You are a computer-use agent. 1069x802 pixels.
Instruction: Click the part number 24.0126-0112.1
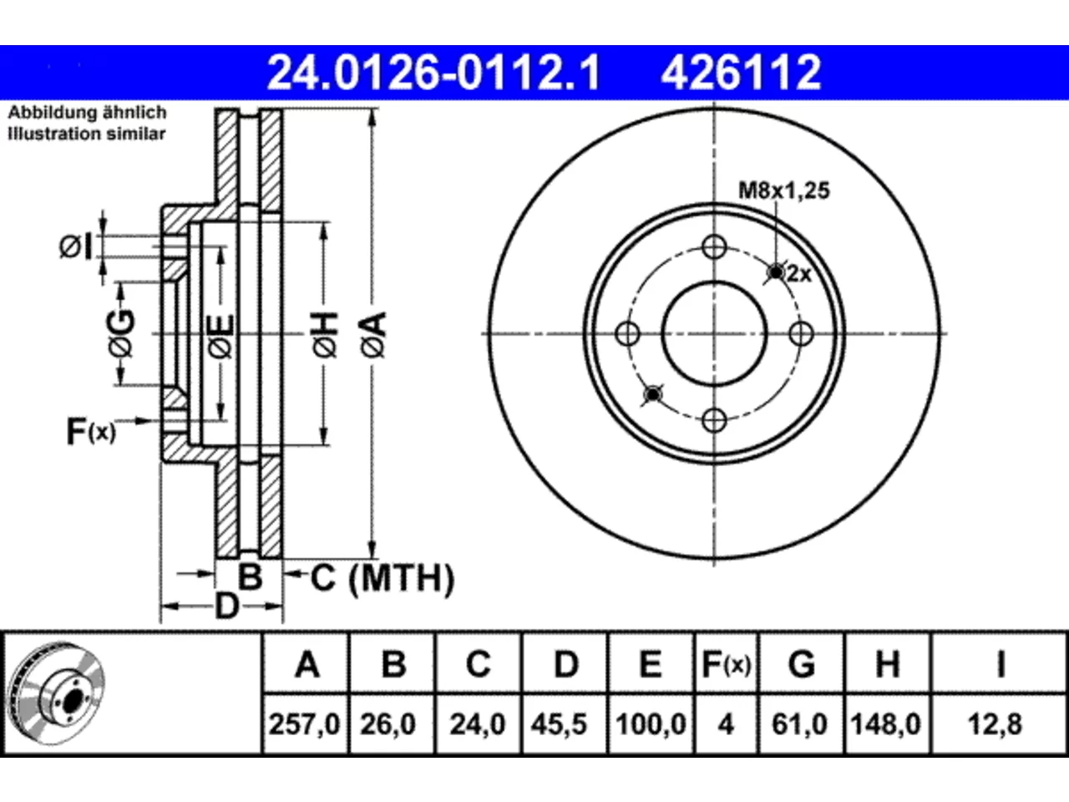[433, 73]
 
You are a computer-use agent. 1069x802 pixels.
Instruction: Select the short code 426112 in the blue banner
[741, 73]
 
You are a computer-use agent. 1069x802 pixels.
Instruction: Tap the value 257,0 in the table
[305, 724]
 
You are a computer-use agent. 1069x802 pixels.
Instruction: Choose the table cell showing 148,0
[886, 724]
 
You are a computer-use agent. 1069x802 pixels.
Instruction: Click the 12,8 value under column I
[996, 724]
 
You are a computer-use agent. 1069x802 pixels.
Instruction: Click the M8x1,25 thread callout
[784, 190]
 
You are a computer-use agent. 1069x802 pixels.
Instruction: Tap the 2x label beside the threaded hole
[799, 274]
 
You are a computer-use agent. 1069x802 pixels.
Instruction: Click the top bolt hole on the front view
[714, 247]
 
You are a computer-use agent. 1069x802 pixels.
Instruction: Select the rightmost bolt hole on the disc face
[801, 334]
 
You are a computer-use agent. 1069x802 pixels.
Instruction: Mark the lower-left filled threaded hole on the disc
[652, 394]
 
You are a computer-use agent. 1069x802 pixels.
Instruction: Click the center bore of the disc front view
[714, 334]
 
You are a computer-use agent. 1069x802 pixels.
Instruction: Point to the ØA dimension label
[373, 336]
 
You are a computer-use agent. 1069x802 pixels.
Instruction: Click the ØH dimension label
[326, 336]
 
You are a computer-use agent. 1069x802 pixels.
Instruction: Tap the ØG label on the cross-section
[122, 333]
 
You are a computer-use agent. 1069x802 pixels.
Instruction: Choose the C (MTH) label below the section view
[382, 578]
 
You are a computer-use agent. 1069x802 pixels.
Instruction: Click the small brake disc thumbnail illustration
[57, 693]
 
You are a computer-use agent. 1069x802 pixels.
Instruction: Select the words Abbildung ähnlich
[88, 113]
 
